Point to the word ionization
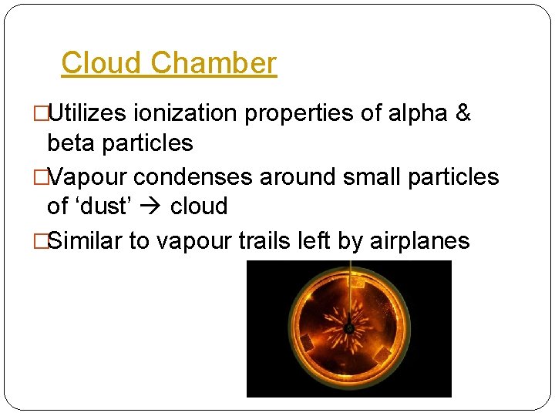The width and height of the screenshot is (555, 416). (x=186, y=114)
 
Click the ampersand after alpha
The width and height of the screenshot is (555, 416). (x=462, y=114)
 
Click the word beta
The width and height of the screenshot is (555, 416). (x=72, y=143)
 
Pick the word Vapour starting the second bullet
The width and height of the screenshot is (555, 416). (x=88, y=177)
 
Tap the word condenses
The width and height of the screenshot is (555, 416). (x=193, y=177)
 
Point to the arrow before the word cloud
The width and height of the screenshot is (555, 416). (x=160, y=206)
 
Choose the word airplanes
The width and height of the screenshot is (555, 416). (x=420, y=240)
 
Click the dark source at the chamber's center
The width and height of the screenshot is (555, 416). (x=349, y=329)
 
